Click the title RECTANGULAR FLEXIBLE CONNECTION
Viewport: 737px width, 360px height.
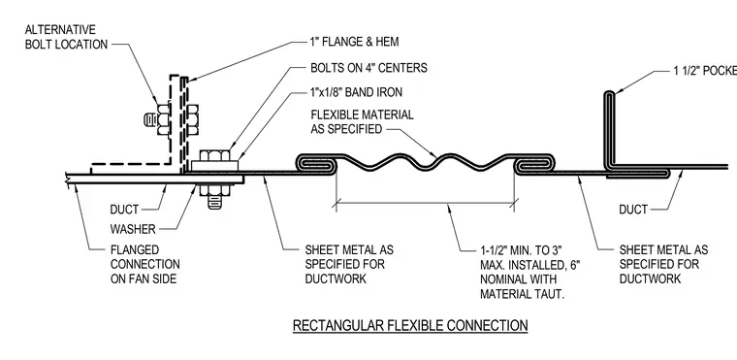410,325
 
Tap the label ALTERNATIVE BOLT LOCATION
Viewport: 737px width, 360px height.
66,37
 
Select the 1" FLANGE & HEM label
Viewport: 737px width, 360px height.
354,42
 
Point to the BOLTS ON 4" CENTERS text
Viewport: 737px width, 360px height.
368,68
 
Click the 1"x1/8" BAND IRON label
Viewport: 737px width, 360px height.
356,92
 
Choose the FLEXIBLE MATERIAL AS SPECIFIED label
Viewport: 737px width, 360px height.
362,122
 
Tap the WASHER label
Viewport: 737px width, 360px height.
133,229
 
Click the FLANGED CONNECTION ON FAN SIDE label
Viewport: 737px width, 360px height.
145,264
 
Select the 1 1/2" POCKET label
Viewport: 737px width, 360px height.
705,71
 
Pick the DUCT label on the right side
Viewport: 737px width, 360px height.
633,210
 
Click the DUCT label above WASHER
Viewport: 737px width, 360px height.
124,210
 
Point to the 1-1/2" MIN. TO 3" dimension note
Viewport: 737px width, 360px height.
530,272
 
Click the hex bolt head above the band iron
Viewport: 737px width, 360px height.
215,155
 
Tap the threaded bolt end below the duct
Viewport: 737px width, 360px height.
215,202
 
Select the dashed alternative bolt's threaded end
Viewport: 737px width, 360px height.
150,119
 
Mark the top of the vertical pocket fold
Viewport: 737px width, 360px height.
609,93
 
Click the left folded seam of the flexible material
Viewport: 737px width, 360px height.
316,164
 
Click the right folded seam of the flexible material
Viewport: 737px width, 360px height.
535,164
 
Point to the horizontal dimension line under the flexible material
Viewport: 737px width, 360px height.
426,204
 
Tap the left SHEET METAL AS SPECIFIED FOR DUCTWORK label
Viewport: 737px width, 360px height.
349,264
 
